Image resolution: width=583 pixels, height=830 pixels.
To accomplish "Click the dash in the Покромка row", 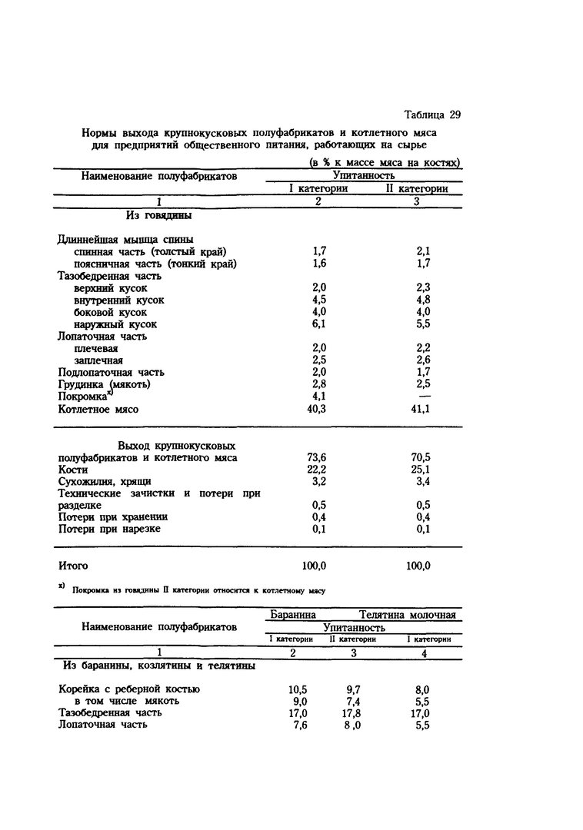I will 421,397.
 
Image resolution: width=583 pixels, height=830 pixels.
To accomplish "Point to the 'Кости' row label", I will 73,470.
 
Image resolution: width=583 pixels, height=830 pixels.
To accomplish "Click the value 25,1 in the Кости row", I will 421,470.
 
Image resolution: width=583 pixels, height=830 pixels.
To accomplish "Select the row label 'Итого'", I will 73,566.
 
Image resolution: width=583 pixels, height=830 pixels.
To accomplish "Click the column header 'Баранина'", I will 292,615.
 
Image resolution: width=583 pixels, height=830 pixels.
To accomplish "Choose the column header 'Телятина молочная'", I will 407,615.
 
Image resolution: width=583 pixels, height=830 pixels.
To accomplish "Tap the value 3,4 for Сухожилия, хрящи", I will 421,482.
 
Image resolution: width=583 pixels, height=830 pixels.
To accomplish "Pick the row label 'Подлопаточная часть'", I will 111,372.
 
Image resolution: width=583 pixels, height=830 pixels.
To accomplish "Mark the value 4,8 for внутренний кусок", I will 421,300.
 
